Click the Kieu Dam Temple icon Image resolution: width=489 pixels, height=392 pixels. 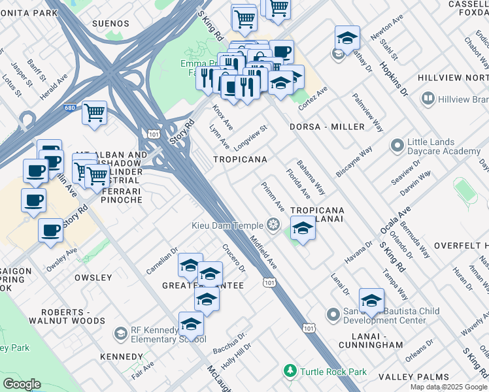pyautogui.click(x=273, y=226)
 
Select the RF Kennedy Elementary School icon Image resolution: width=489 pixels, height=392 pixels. pyautogui.click(x=120, y=334)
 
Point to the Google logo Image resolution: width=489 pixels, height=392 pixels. pyautogui.click(x=22, y=384)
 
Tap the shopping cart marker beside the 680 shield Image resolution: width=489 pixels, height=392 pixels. pyautogui.click(x=94, y=113)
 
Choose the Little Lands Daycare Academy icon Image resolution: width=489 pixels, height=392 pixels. pyautogui.click(x=396, y=145)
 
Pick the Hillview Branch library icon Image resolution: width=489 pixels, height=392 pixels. pyautogui.click(x=428, y=99)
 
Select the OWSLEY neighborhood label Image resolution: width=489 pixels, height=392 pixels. pyautogui.click(x=93, y=278)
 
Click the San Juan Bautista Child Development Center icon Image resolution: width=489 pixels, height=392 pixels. pyautogui.click(x=334, y=315)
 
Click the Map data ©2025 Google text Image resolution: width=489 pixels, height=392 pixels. pyautogui.click(x=449, y=387)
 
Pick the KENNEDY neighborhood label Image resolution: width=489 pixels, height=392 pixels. pyautogui.click(x=121, y=357)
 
